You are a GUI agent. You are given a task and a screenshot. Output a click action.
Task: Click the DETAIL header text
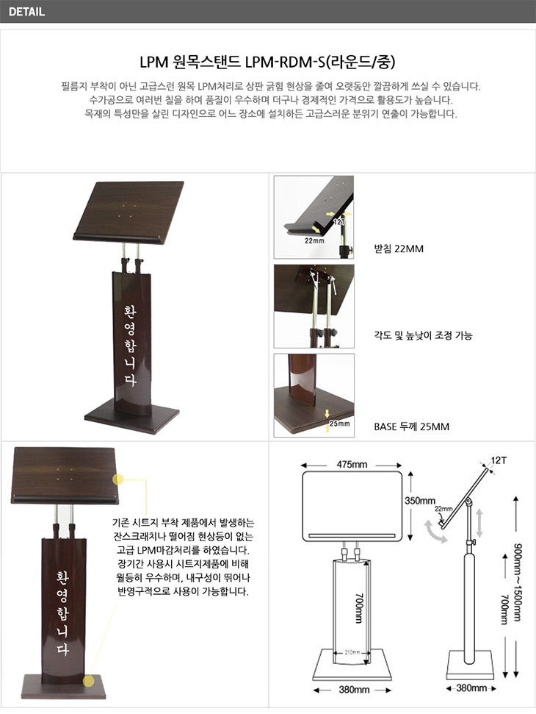click(26, 12)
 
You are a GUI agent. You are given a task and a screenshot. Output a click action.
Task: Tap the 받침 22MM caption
click(399, 249)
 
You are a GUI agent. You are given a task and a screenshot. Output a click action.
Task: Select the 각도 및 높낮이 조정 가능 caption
click(423, 335)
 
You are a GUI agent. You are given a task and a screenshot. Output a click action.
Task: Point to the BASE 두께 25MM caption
click(411, 426)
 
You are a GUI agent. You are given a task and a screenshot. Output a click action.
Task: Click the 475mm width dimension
click(352, 465)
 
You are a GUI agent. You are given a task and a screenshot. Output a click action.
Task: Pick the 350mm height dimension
click(419, 501)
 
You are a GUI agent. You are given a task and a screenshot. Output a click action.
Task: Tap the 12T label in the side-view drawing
click(499, 460)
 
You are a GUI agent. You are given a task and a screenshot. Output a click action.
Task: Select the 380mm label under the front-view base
click(354, 690)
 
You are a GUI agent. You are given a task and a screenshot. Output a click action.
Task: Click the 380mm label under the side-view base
click(471, 688)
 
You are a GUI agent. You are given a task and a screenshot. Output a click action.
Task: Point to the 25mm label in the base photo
click(340, 424)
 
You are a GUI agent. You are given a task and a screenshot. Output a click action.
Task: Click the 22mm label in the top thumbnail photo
click(314, 240)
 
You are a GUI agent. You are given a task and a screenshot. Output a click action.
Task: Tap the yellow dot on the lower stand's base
click(89, 681)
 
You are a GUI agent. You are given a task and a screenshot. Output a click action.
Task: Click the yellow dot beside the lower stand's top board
click(117, 479)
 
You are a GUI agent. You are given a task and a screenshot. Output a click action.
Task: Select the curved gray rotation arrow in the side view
click(435, 533)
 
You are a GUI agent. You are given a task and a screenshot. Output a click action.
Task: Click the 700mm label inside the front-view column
click(359, 608)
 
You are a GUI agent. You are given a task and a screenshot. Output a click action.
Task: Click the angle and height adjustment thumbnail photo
click(314, 307)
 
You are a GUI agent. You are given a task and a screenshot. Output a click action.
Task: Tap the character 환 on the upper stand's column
click(130, 313)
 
